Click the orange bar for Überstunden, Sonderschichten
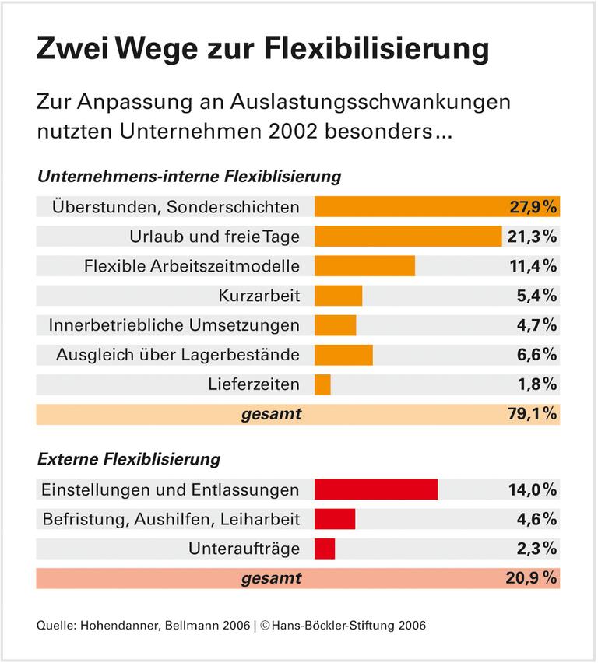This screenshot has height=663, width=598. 437,206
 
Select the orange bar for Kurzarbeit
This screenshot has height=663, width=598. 338,296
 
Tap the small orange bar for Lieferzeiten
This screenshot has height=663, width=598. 322,384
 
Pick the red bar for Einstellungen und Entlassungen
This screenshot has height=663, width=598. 376,489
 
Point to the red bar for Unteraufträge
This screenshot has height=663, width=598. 325,549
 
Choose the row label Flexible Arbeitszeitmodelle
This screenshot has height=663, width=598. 192,266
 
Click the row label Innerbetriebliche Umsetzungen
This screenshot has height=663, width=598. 174,325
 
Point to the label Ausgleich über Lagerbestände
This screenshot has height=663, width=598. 178,355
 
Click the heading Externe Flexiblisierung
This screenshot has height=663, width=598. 128,459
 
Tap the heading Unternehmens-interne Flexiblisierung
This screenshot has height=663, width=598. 189,176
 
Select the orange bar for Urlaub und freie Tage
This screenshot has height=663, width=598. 408,236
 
